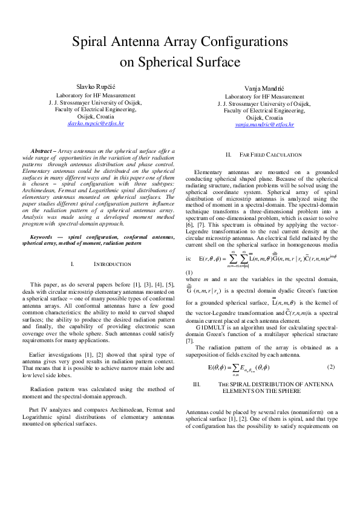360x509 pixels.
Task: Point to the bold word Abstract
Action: [x=42, y=150]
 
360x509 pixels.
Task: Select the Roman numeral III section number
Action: [x=196, y=384]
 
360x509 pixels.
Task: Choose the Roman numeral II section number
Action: [x=229, y=155]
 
